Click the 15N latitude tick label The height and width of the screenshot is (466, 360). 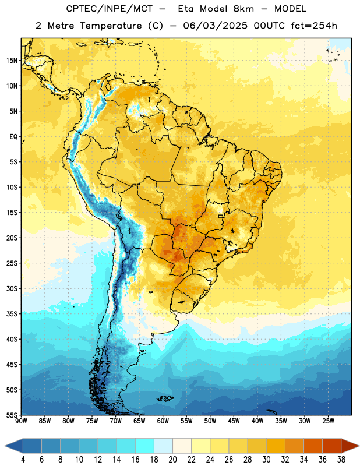click(x=12, y=61)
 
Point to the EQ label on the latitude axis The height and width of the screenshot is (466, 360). click(x=13, y=137)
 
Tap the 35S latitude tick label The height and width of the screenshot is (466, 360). click(x=12, y=314)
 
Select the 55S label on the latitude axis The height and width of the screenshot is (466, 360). click(x=12, y=415)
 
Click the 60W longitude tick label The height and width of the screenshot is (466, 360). click(x=163, y=421)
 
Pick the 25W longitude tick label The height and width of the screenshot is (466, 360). click(x=328, y=421)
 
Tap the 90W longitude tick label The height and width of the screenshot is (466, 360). click(x=21, y=421)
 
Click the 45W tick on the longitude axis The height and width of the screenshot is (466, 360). click(x=234, y=421)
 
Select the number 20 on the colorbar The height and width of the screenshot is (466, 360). click(x=172, y=460)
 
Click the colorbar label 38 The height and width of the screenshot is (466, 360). click(x=341, y=460)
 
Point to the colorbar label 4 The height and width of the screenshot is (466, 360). click(x=23, y=460)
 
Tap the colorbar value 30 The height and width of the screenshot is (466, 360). click(x=266, y=460)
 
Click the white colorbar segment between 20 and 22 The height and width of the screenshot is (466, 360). click(x=182, y=446)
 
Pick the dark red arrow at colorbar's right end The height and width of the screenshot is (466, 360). click(x=350, y=446)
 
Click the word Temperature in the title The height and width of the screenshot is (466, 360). click(x=111, y=26)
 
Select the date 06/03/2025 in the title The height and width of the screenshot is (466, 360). click(x=215, y=26)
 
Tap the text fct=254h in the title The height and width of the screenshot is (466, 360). click(x=314, y=26)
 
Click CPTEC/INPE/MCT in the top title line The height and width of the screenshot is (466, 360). click(x=109, y=9)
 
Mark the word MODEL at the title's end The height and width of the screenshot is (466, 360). click(x=290, y=9)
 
